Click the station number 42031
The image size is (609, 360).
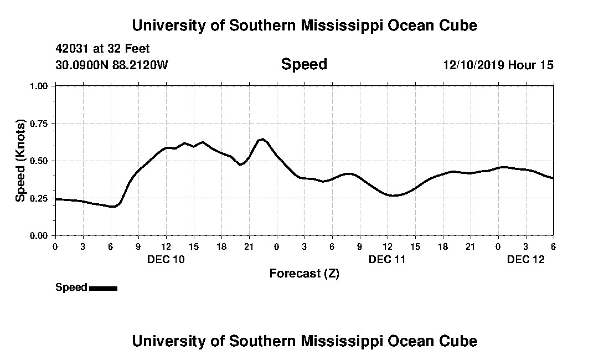[72, 49]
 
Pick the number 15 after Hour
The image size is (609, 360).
[546, 65]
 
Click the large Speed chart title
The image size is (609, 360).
[304, 64]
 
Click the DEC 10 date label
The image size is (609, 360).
[166, 259]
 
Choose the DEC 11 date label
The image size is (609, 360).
[388, 259]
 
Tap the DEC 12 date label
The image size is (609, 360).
[526, 259]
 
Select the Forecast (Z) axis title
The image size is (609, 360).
[304, 274]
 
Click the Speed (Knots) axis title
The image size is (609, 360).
[20, 161]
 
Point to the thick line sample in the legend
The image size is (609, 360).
[103, 288]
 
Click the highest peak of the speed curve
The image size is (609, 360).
[262, 139]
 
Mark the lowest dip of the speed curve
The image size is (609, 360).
[112, 207]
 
